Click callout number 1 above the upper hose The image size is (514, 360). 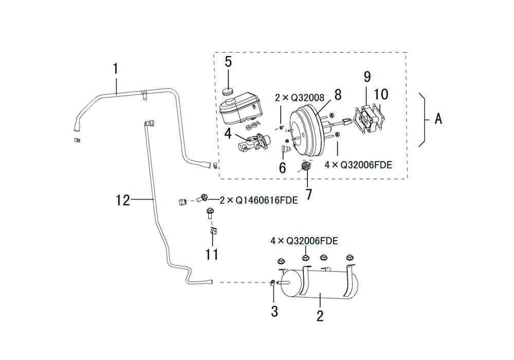(x=115, y=69)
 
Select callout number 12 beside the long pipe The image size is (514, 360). (x=123, y=200)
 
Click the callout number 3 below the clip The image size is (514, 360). (x=274, y=312)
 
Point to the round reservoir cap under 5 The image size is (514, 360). (x=227, y=91)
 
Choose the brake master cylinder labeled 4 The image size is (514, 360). (x=253, y=143)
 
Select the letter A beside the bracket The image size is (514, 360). (x=438, y=119)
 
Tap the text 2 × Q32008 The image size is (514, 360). (x=300, y=98)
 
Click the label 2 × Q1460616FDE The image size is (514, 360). (x=259, y=200)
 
